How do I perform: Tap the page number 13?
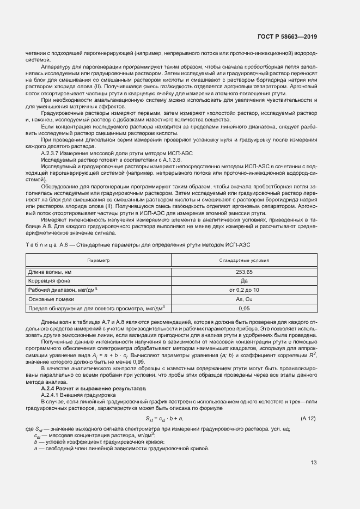[x=314, y=463]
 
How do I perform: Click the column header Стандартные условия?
[x=243, y=261]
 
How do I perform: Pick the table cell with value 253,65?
[x=243, y=271]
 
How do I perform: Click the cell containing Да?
[x=243, y=280]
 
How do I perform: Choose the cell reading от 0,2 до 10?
[x=243, y=290]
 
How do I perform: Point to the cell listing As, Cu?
[x=243, y=299]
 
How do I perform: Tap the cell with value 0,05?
[x=243, y=309]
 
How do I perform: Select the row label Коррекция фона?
[x=48, y=280]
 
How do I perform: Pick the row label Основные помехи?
[x=50, y=299]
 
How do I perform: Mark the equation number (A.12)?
[x=308, y=419]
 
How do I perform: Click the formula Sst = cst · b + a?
[x=164, y=419]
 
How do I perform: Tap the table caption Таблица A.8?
[x=48, y=246]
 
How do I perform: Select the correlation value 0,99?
[x=123, y=361]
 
